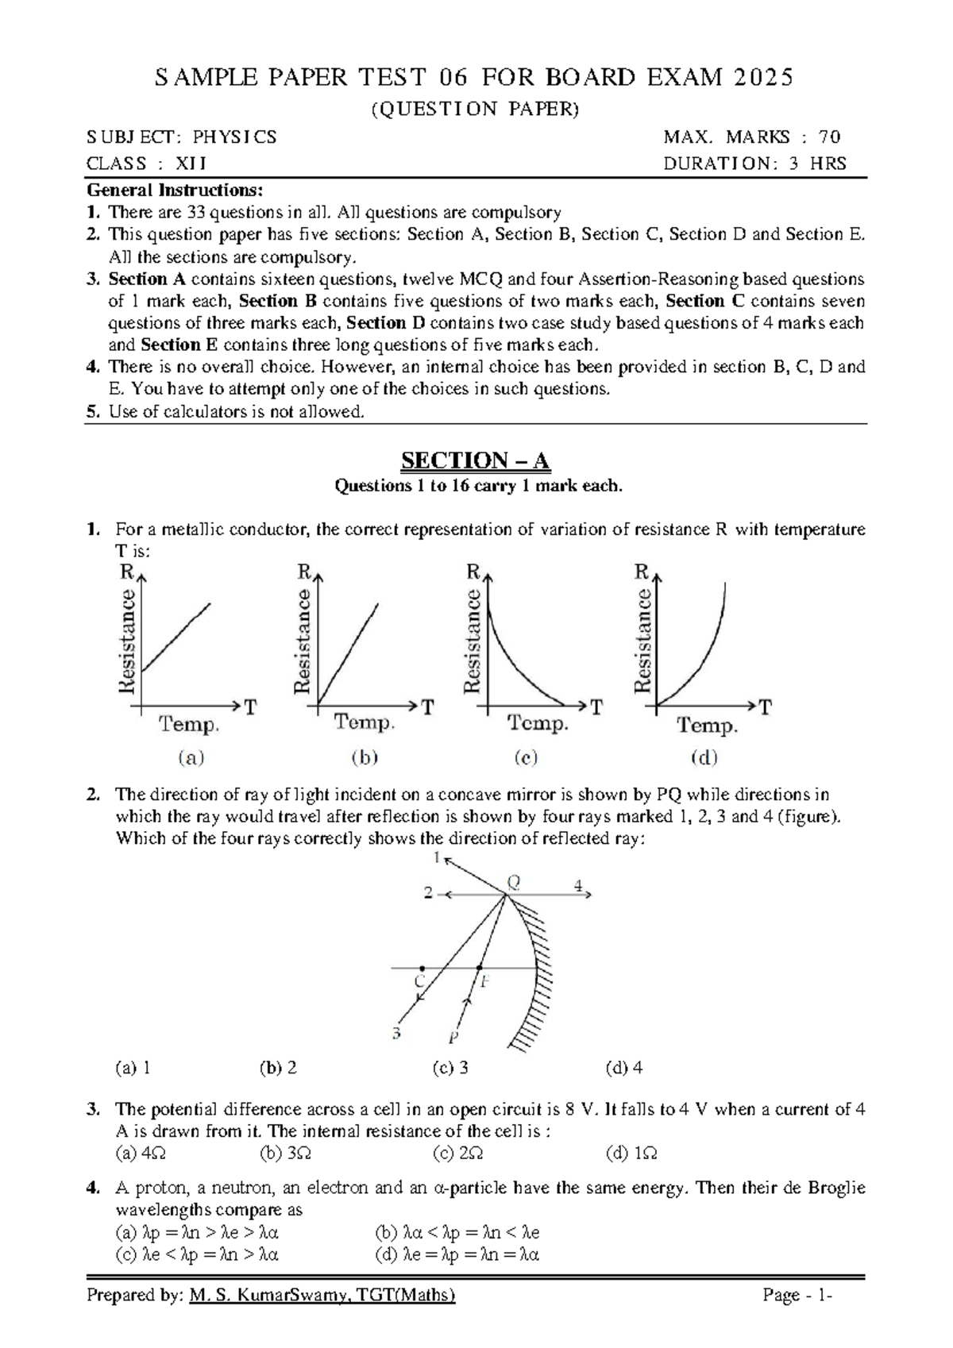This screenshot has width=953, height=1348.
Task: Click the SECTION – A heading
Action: [x=475, y=461]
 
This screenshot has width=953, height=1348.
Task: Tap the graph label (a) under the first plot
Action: [x=191, y=757]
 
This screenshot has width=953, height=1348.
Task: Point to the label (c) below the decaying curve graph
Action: [x=526, y=757]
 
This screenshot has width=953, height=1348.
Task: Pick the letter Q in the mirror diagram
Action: [x=514, y=881]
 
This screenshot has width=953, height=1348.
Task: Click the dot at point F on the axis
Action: [x=479, y=968]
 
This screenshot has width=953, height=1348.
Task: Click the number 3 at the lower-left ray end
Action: [x=396, y=1033]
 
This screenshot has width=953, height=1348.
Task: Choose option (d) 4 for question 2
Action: [x=624, y=1068]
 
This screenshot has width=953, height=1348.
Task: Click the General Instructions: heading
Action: [x=174, y=191]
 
